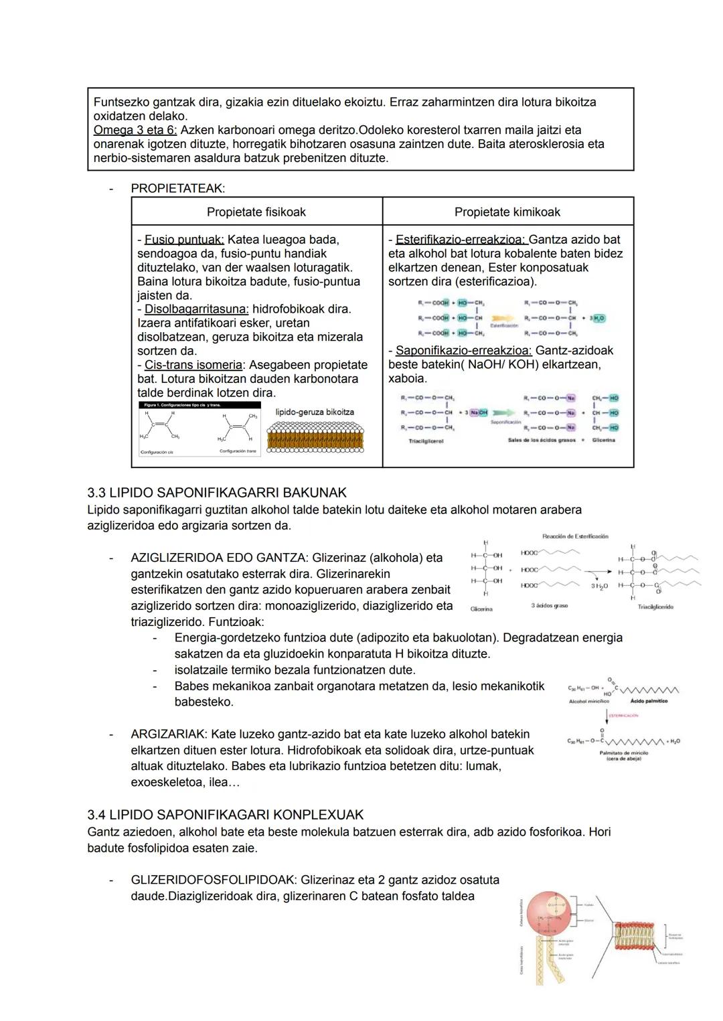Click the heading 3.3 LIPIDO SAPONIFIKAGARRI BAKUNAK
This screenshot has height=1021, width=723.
tap(217, 493)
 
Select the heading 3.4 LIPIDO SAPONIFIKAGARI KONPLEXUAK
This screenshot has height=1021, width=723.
tap(226, 815)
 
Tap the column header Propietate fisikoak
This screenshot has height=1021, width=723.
tap(256, 212)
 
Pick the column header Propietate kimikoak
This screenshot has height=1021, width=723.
tap(507, 212)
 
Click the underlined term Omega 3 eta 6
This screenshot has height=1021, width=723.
tap(135, 130)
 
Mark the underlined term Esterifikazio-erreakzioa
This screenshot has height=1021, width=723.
tap(461, 240)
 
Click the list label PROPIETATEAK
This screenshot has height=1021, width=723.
tap(177, 189)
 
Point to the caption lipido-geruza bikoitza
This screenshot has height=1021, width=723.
tap(315, 412)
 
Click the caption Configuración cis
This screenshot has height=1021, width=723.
tap(157, 452)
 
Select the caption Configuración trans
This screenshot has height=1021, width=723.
tap(238, 451)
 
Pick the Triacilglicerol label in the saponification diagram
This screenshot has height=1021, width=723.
tap(426, 441)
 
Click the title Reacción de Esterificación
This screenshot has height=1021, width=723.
tap(575, 536)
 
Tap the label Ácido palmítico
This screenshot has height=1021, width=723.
tap(649, 701)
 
